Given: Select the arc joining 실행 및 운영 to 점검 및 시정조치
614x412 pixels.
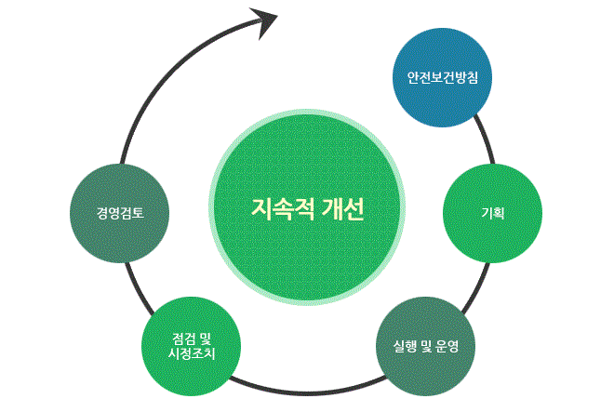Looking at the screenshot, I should [x=307, y=390].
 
